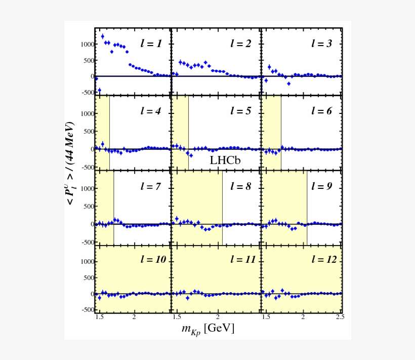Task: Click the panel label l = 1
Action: click(x=151, y=44)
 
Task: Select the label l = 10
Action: click(x=153, y=259)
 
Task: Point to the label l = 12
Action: click(x=324, y=259)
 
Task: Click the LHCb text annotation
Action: click(x=225, y=161)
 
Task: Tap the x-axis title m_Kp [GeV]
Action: click(x=207, y=329)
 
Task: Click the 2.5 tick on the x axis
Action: click(x=340, y=317)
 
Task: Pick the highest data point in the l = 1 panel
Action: click(x=103, y=36)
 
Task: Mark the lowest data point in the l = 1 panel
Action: click(x=99, y=90)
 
